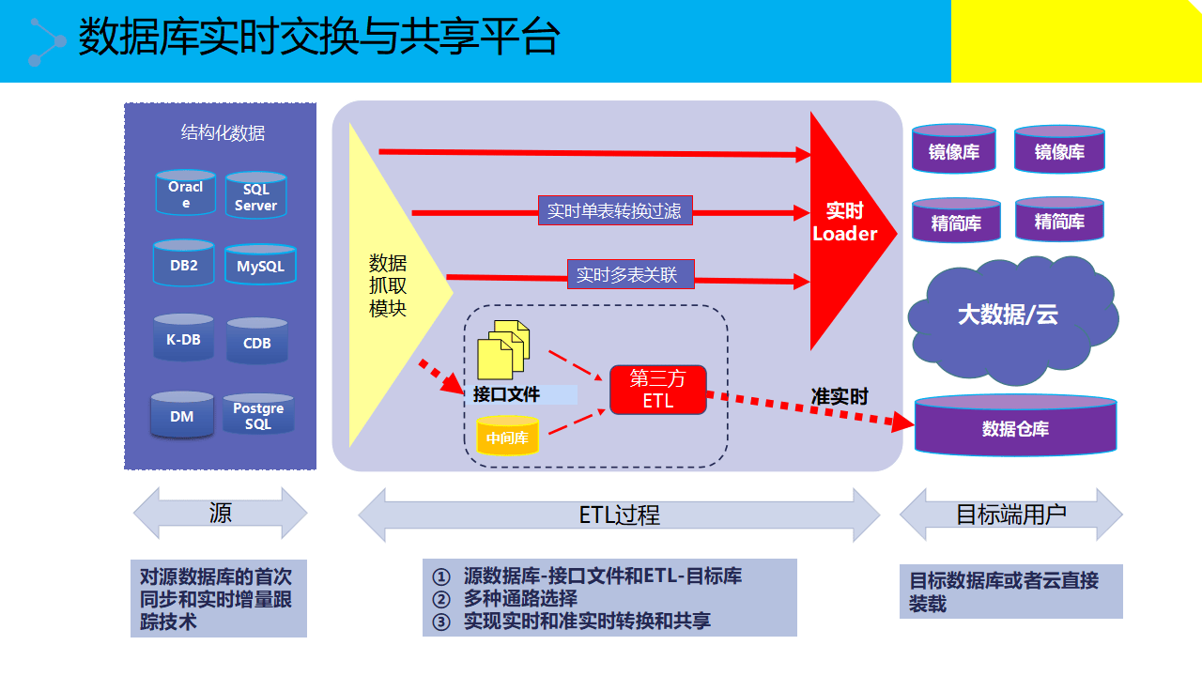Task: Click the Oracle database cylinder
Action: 185,192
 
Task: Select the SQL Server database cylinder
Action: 255,196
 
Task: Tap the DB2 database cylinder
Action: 184,264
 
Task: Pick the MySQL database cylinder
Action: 260,266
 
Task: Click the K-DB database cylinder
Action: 183,338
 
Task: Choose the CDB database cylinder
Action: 256,342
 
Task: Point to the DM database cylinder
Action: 182,415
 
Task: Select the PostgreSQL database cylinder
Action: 258,415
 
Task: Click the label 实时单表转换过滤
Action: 614,211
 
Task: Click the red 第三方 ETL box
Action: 657,390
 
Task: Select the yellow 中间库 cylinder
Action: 507,437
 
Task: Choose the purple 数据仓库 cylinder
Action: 1015,427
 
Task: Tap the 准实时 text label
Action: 840,396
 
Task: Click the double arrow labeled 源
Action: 221,514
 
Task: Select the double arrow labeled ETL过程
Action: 619,515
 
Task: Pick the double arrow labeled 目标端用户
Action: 1010,515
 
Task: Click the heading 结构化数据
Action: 223,132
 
